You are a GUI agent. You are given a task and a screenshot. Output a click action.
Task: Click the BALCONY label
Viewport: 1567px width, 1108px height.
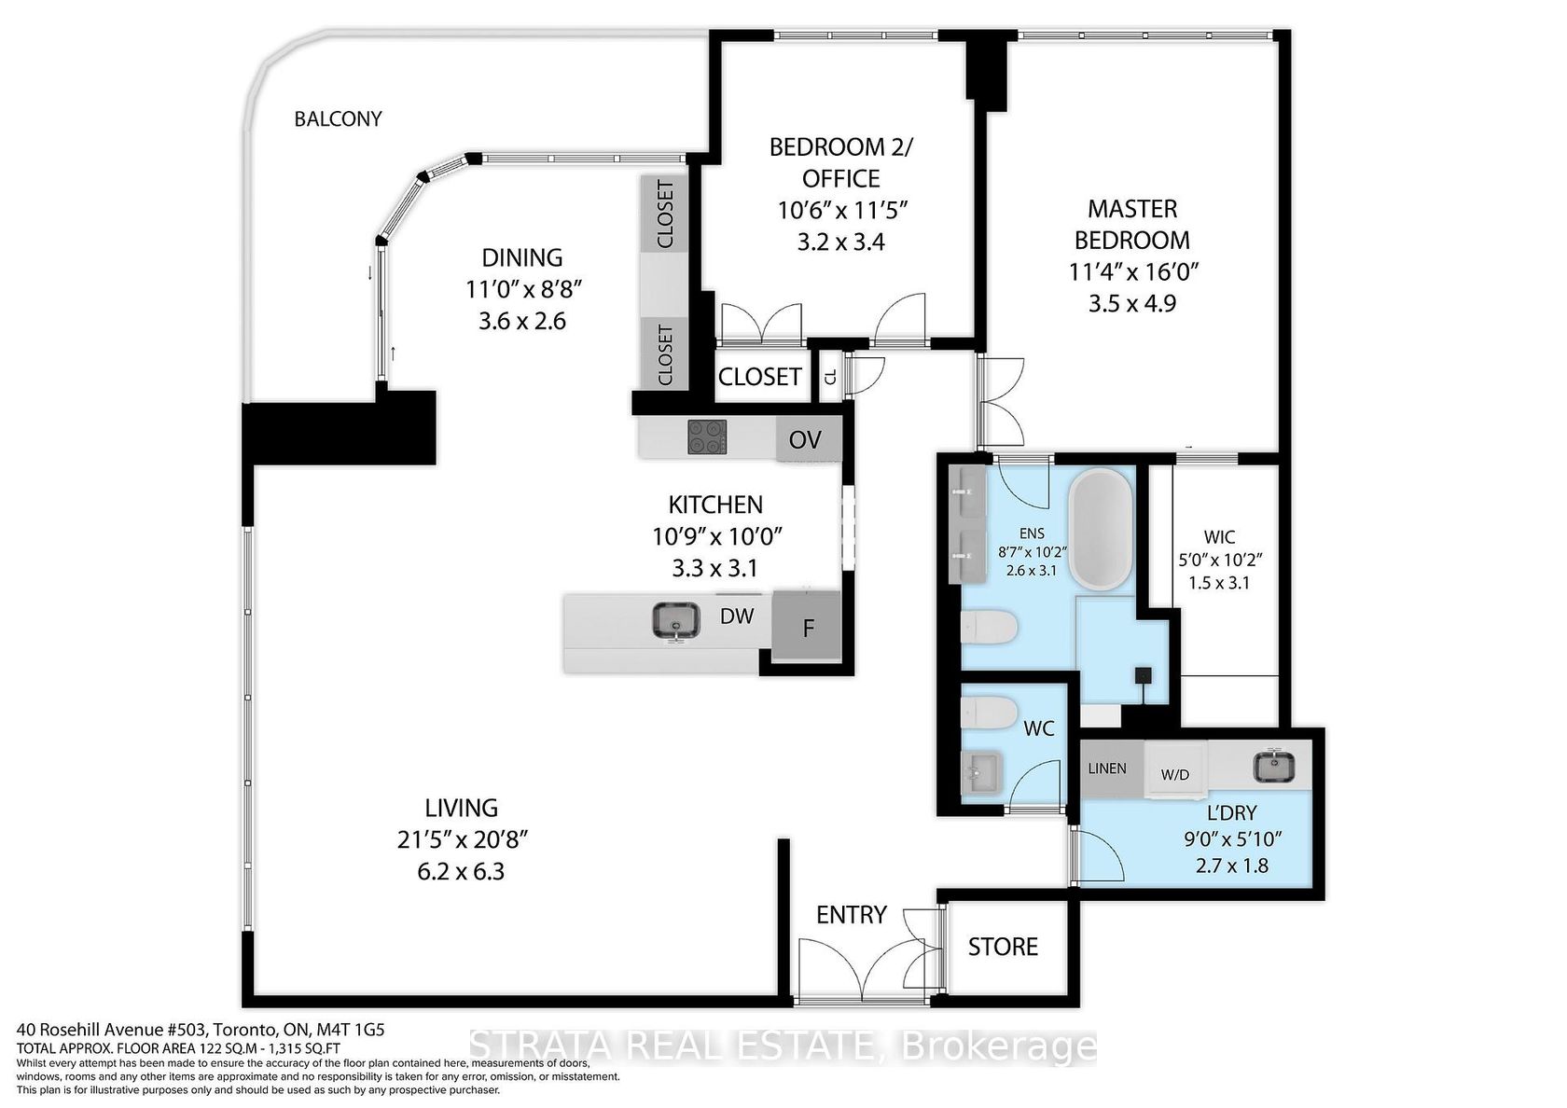(338, 119)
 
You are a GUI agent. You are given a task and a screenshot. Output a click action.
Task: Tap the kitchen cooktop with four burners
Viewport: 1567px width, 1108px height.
(707, 437)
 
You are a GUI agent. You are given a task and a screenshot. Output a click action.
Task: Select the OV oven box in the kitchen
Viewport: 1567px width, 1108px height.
(808, 439)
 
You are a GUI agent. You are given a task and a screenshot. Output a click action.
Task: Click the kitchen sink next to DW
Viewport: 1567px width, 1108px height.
(676, 620)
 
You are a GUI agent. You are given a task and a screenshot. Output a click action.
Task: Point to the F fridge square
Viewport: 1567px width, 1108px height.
(807, 628)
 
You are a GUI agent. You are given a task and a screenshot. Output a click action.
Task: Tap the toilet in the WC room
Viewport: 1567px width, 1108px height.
(989, 713)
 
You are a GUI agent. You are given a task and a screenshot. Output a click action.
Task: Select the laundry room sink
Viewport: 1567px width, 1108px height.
(1273, 766)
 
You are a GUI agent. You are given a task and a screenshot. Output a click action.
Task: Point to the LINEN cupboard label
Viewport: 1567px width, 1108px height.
(1107, 769)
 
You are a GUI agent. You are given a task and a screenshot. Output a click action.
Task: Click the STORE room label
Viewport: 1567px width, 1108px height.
(1003, 948)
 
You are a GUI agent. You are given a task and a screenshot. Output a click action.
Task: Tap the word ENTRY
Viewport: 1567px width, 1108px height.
(852, 915)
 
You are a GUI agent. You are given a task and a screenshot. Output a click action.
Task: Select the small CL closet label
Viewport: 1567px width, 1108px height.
(830, 378)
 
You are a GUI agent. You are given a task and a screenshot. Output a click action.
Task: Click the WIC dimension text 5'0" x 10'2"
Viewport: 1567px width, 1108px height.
(1219, 560)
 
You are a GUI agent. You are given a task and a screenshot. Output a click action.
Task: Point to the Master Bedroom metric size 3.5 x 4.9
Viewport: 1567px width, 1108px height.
(1132, 304)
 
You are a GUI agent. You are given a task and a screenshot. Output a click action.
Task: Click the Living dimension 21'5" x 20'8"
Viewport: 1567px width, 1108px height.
(462, 839)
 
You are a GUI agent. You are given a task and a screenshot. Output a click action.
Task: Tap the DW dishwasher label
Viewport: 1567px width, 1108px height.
(737, 616)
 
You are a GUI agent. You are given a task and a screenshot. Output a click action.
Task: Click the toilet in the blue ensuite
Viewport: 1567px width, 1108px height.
(989, 628)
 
